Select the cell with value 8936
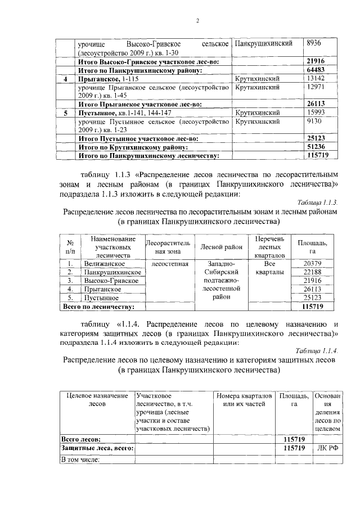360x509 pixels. [x=314, y=43]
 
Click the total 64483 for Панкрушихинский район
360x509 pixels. [x=317, y=70]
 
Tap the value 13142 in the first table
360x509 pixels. [x=316, y=79]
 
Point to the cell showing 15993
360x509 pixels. [x=316, y=113]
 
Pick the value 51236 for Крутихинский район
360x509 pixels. [x=317, y=146]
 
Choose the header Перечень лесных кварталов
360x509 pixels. [x=270, y=247]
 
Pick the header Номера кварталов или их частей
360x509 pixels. [x=245, y=400]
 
